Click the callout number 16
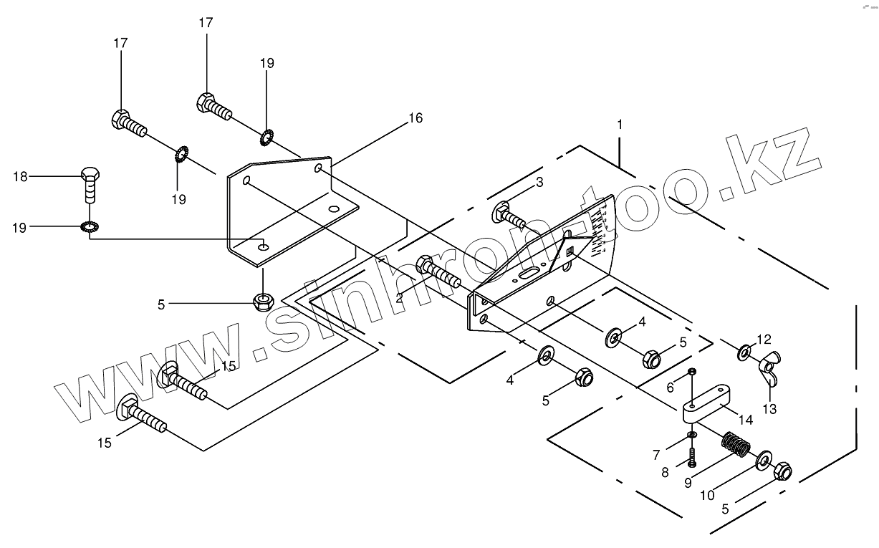(416, 118)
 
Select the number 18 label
(21, 176)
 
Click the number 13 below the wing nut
(771, 409)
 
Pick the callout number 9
(688, 482)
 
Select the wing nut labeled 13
(770, 365)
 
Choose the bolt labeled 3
(509, 216)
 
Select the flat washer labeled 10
(764, 459)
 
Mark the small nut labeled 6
(692, 371)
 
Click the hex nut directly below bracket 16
(264, 299)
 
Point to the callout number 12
(764, 338)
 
